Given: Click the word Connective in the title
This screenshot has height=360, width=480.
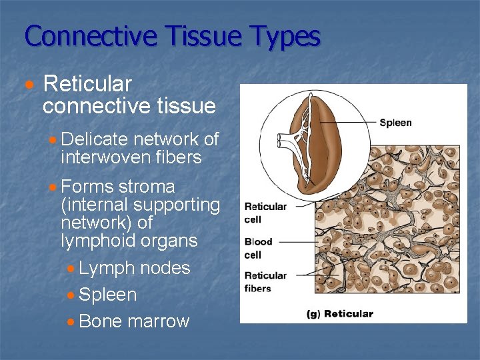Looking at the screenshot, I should pos(89,36).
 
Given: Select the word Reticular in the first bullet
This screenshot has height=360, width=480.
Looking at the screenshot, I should pos(87,85).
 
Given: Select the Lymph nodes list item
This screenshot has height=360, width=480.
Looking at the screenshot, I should pos(134,268).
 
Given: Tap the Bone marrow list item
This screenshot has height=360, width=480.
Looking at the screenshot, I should pos(134,321).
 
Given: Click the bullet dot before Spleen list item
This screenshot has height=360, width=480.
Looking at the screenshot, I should pos(71,295).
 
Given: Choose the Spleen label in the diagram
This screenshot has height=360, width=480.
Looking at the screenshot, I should pos(395,123).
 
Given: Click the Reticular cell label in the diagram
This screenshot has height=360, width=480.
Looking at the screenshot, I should pos(265,213).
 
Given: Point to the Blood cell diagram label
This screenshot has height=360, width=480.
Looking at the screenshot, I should pos(258,248).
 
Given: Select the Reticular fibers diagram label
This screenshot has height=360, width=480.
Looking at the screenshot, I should pos(265,282).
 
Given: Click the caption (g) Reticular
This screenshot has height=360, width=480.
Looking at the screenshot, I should pos(339,313).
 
